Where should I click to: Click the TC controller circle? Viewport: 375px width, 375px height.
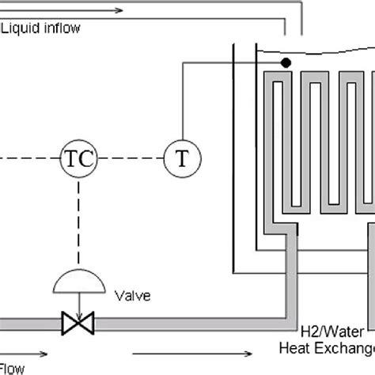78,158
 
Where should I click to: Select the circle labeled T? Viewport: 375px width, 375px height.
182,158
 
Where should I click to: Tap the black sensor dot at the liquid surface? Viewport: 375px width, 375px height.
286,62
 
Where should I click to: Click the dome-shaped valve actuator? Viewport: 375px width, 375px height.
78,283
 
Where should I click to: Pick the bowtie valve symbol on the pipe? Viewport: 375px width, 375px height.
78,322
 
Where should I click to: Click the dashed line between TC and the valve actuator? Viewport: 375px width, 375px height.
78,222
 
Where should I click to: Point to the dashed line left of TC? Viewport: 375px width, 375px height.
28,158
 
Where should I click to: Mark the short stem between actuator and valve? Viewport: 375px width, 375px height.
78,305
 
